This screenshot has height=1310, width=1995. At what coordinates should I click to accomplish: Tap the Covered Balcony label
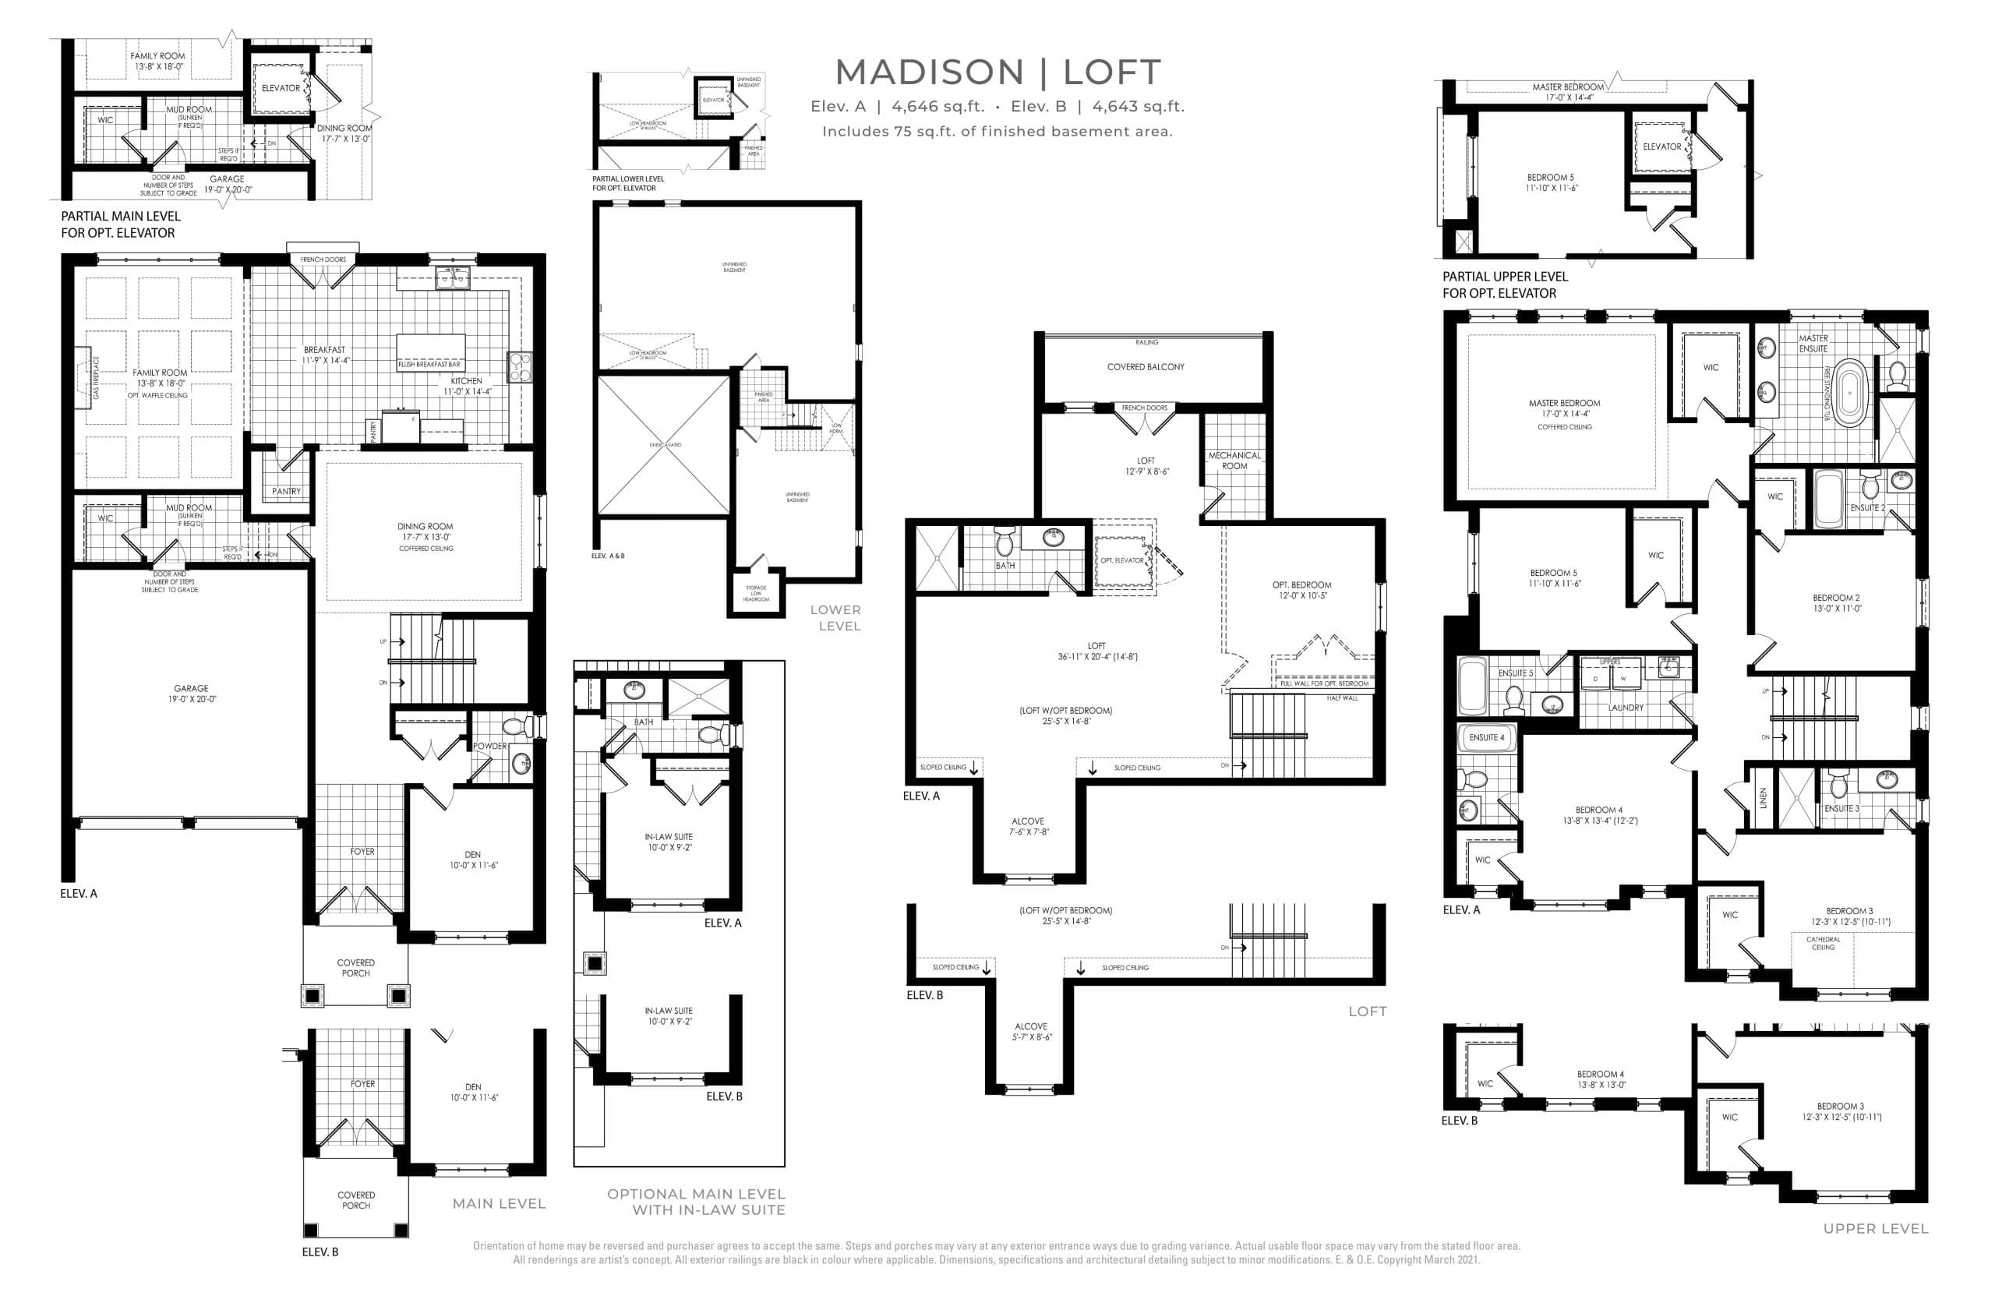[x=1145, y=367]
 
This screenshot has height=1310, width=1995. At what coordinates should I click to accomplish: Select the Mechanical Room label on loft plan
[x=1234, y=460]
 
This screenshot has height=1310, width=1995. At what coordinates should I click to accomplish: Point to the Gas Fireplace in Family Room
[x=82, y=376]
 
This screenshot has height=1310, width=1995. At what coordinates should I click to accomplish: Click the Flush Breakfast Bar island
[x=430, y=351]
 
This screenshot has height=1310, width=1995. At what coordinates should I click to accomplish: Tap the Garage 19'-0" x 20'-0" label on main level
[x=191, y=693]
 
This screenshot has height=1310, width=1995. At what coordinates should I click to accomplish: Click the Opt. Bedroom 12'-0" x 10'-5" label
[x=1301, y=590]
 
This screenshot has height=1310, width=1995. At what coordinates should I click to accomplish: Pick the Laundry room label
[x=1626, y=708]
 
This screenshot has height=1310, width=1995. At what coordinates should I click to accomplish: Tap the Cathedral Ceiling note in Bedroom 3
[x=1822, y=943]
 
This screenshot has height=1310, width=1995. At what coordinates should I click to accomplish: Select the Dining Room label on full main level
[x=425, y=531]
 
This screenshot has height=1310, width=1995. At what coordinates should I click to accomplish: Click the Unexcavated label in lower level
[x=665, y=444]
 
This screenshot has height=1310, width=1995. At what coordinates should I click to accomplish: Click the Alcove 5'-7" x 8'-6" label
[x=1030, y=1031]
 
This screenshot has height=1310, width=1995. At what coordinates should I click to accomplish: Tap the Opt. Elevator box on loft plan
[x=1122, y=559]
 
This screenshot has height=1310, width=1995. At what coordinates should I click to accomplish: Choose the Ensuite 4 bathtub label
[x=1486, y=737]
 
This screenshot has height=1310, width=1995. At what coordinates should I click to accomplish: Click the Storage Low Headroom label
[x=755, y=592]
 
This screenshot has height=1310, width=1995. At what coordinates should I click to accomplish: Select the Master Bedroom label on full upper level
[x=1564, y=408]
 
